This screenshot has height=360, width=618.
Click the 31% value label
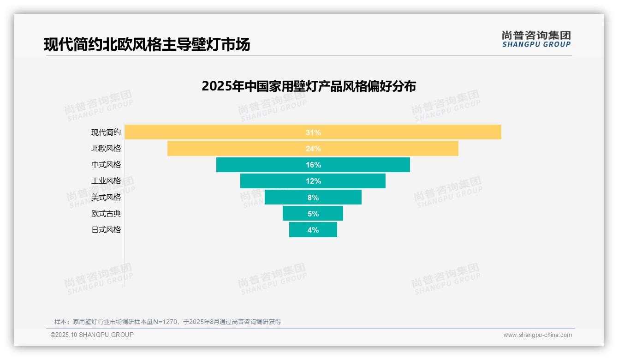click(x=313, y=132)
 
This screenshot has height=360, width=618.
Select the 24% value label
click(x=313, y=149)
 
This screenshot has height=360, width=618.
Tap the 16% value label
click(x=313, y=165)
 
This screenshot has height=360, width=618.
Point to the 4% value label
click(x=313, y=230)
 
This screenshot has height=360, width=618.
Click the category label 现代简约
click(x=106, y=132)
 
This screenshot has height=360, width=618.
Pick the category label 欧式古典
click(x=106, y=214)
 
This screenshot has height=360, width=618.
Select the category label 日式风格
click(x=106, y=230)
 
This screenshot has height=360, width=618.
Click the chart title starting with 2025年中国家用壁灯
click(x=309, y=86)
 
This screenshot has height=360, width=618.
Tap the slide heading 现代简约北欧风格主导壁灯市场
click(x=147, y=45)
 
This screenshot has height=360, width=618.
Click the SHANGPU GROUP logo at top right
click(x=536, y=39)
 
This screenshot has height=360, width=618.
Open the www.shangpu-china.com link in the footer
click(x=537, y=335)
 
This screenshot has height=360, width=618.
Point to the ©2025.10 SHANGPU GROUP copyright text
click(x=92, y=335)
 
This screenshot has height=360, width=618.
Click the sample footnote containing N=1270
click(x=167, y=322)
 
